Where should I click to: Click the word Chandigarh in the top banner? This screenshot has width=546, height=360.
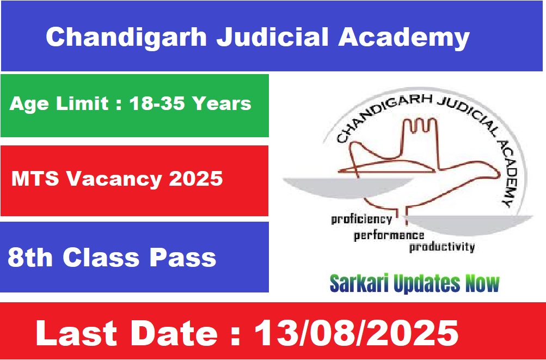pyautogui.click(x=126, y=37)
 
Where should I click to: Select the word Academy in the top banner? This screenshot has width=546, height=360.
pyautogui.click(x=404, y=37)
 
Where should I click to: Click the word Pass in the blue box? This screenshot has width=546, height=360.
pyautogui.click(x=183, y=258)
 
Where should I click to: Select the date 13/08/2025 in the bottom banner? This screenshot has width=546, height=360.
pyautogui.click(x=357, y=333)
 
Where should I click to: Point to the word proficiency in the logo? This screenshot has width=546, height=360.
pyautogui.click(x=361, y=219)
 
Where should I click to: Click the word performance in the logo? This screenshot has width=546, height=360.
pyautogui.click(x=389, y=236)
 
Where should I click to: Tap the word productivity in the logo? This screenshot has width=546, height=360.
pyautogui.click(x=442, y=247)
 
